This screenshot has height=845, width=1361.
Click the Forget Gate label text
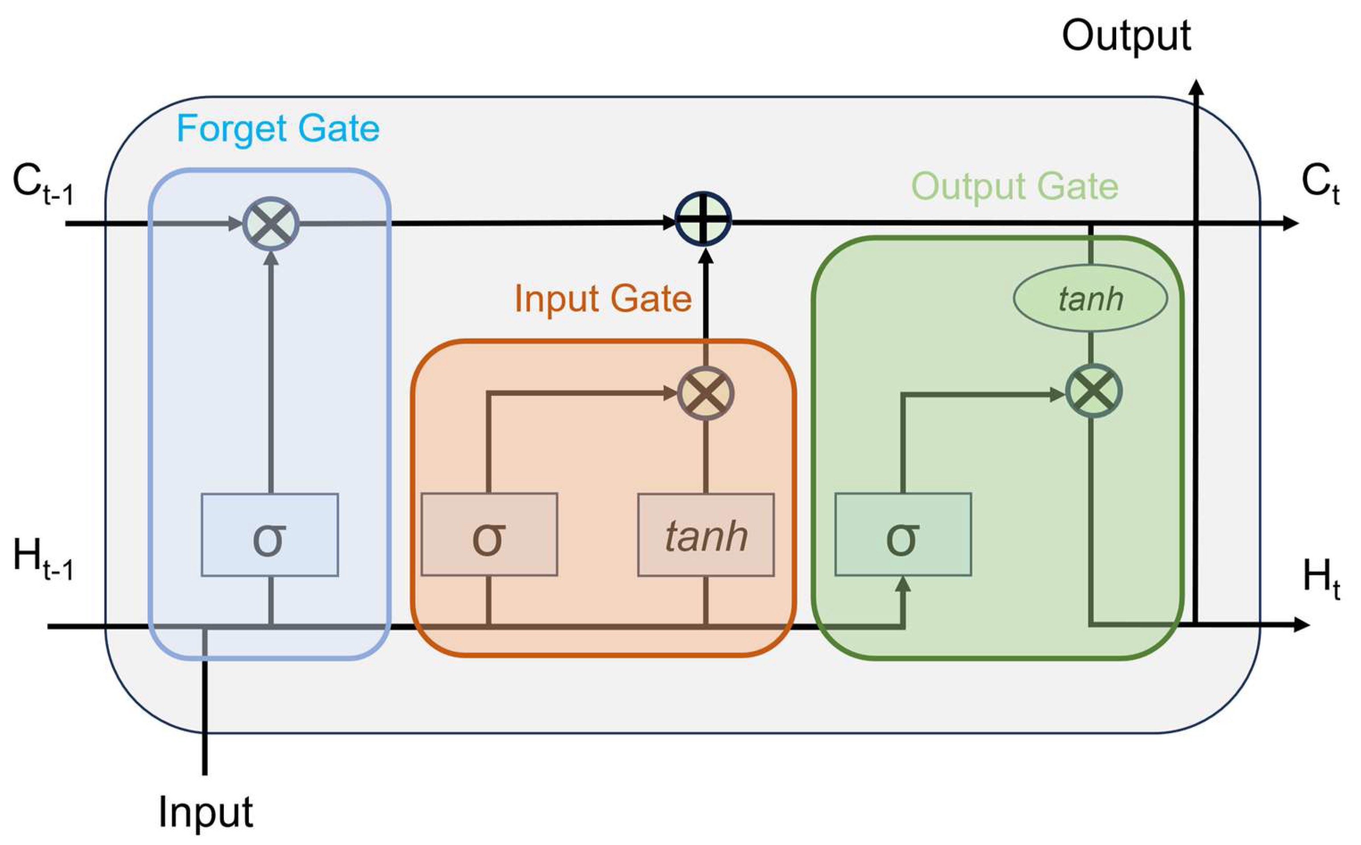pos(277,129)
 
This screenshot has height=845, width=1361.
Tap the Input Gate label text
pos(603,298)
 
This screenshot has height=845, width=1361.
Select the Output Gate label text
pos(1014,186)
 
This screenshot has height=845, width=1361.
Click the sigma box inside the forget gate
pos(269,535)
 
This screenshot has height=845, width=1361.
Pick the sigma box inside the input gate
pos(489,535)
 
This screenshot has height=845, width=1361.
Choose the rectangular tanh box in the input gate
pos(706,535)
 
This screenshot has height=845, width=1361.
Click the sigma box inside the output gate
pos(903,535)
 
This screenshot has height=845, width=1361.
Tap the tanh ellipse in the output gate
pos(1090,298)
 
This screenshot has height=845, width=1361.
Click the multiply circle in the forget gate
pos(271,224)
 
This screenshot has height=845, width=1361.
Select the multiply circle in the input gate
pos(706,394)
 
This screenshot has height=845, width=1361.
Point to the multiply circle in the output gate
pos(1093,391)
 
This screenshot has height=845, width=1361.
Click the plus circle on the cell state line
pos(703,219)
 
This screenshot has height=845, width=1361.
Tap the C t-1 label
pos(42,184)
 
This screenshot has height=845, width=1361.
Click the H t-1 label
pos(42,559)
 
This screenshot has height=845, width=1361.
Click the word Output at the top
pos(1126,36)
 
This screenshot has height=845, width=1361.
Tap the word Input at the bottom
pos(206,812)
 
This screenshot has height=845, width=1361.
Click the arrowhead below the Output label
pos(1196,88)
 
